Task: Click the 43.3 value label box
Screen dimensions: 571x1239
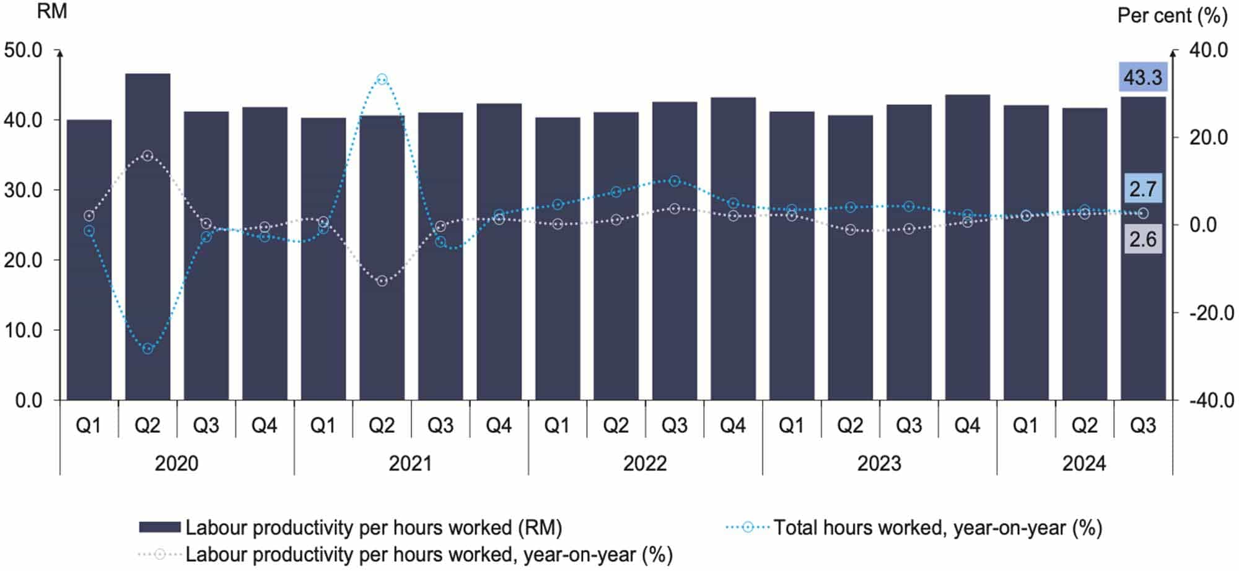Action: coord(1142,78)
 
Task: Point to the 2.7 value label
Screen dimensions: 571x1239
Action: coord(1142,188)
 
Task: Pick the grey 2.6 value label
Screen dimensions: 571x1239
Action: coord(1142,239)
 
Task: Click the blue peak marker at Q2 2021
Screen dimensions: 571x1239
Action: coord(382,79)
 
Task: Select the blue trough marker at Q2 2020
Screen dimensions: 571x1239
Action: coord(147,349)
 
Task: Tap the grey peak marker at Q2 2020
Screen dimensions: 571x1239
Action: coord(147,155)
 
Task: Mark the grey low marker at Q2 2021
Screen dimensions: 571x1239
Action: coord(382,281)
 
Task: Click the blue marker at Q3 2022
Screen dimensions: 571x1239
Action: coord(675,181)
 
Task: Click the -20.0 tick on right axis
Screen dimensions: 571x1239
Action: coord(1211,313)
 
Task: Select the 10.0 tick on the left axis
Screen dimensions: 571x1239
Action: coord(24,331)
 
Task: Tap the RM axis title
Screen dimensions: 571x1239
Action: coord(52,12)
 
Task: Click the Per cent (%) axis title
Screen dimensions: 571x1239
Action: coord(1171,15)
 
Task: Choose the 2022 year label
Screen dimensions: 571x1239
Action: coord(645,463)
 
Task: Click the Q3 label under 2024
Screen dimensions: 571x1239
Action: coord(1142,425)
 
